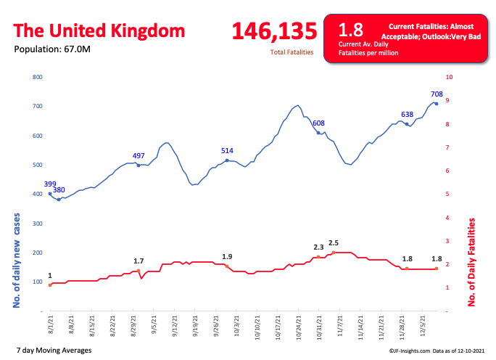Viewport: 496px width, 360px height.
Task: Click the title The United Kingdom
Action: coord(99,31)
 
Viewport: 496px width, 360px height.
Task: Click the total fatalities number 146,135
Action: coord(274,31)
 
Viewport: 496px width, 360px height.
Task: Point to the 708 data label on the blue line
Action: coord(436,94)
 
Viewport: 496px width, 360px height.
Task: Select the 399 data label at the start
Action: coord(50,184)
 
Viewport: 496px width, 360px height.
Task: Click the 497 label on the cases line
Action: coord(139,156)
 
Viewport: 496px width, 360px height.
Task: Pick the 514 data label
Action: coord(227,151)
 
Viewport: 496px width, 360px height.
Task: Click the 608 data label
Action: coord(318,123)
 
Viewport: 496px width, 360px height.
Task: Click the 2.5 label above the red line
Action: coord(334,242)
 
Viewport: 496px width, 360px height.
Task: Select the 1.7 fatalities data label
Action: coord(139,261)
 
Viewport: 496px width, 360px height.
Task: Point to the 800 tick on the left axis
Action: coord(38,77)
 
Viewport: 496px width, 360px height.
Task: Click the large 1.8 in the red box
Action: coord(351,30)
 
